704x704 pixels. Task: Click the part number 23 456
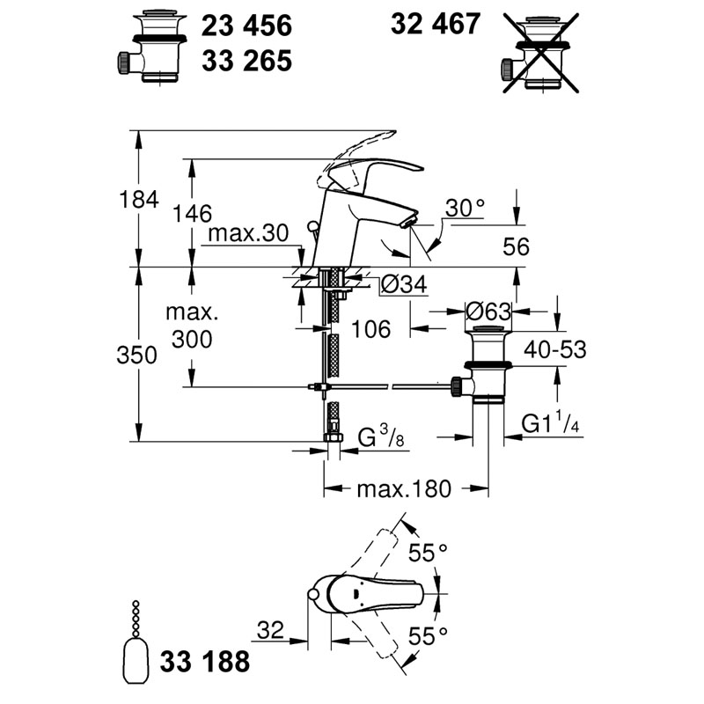(246, 26)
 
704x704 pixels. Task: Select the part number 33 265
(246, 61)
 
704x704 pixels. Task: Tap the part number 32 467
(436, 24)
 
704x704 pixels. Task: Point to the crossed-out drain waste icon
(540, 54)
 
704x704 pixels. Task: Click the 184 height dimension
(139, 200)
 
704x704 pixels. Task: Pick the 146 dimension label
(192, 214)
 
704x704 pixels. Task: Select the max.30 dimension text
(248, 233)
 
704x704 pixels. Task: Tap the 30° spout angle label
(466, 208)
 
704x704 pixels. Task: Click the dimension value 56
(516, 247)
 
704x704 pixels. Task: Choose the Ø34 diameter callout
(404, 283)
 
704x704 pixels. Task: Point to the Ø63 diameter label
(488, 312)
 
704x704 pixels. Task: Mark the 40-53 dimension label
(555, 349)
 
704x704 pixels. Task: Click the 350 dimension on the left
(137, 356)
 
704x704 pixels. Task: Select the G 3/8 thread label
(381, 436)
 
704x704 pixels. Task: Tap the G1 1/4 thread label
(551, 422)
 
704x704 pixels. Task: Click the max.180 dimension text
(404, 489)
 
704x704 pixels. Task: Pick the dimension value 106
(370, 329)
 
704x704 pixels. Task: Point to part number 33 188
(205, 662)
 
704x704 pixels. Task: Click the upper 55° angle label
(428, 553)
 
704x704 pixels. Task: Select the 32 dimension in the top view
(271, 630)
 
